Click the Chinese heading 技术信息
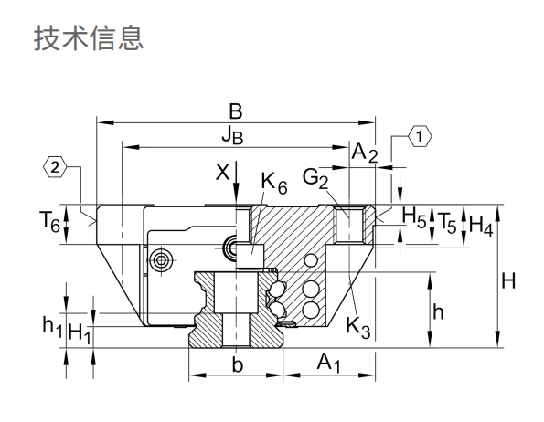(89, 38)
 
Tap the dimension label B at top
(236, 112)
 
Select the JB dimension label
(232, 135)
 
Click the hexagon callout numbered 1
(420, 136)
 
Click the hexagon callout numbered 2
(55, 168)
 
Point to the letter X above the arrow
(223, 172)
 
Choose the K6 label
(274, 184)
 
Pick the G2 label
(315, 179)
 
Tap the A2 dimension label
(364, 153)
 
